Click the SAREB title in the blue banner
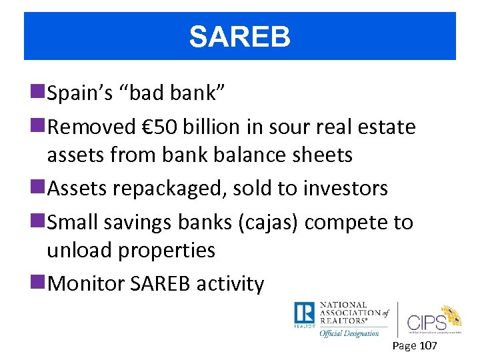point(239,37)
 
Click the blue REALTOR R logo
point(304,313)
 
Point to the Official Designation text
point(349,333)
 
